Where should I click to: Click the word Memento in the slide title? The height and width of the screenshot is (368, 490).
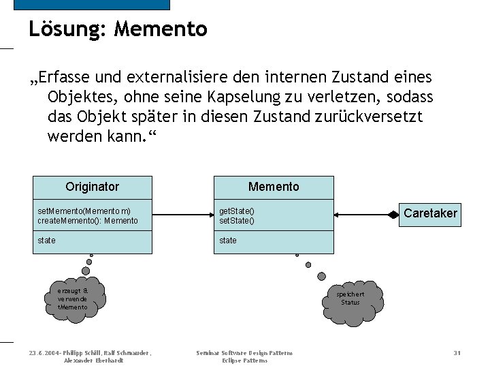tap(161, 29)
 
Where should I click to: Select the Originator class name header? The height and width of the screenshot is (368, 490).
tap(92, 187)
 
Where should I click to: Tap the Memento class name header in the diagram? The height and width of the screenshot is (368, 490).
tap(274, 187)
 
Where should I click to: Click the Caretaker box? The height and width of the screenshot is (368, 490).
tap(430, 213)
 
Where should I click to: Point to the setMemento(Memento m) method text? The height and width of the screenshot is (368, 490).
tap(84, 211)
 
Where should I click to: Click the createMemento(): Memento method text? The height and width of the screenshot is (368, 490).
tap(88, 221)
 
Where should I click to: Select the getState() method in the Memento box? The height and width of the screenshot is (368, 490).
tap(236, 211)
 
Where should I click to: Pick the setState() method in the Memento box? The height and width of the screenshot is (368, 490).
tap(236, 221)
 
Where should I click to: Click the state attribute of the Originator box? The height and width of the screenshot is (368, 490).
tap(47, 241)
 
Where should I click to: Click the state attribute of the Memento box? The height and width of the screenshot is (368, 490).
tap(228, 241)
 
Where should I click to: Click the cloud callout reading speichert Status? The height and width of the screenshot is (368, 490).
tap(350, 298)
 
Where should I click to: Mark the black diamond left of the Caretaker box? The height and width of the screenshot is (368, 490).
tap(393, 214)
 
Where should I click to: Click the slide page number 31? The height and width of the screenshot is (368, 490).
tap(457, 353)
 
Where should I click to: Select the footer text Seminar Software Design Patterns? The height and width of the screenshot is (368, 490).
tap(244, 353)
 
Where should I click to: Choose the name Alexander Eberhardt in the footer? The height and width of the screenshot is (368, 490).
tap(93, 361)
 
